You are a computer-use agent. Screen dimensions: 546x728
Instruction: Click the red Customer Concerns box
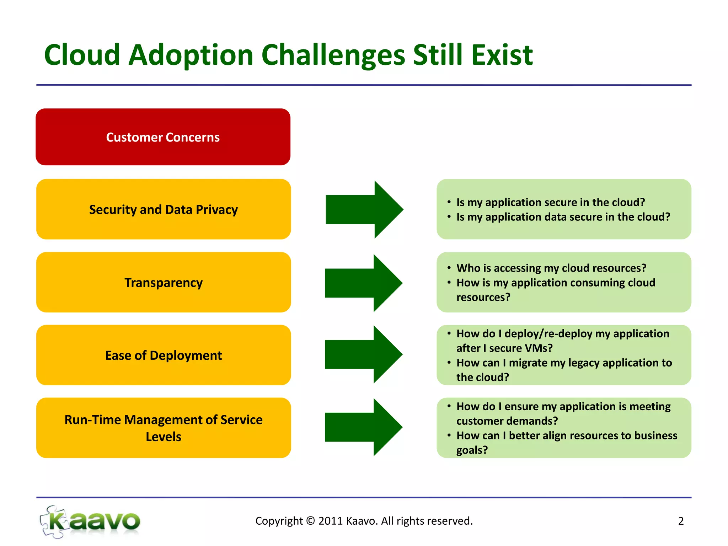163,137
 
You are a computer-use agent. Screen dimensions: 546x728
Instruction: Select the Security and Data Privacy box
164,209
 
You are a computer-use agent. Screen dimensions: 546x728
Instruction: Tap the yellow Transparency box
164,282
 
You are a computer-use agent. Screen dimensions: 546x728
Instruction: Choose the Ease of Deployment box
164,355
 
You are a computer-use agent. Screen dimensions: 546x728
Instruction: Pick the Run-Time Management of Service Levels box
164,428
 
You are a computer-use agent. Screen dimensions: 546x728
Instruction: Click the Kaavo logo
91,521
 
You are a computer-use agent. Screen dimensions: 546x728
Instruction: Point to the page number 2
681,521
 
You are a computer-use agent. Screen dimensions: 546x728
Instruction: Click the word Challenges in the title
333,55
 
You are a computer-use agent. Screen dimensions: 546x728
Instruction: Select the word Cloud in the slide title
82,55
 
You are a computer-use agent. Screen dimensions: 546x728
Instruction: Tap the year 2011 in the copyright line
330,521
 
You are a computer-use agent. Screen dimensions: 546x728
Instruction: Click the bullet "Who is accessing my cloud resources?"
551,268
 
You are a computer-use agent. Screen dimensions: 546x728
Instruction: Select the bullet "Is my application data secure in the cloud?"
563,217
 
